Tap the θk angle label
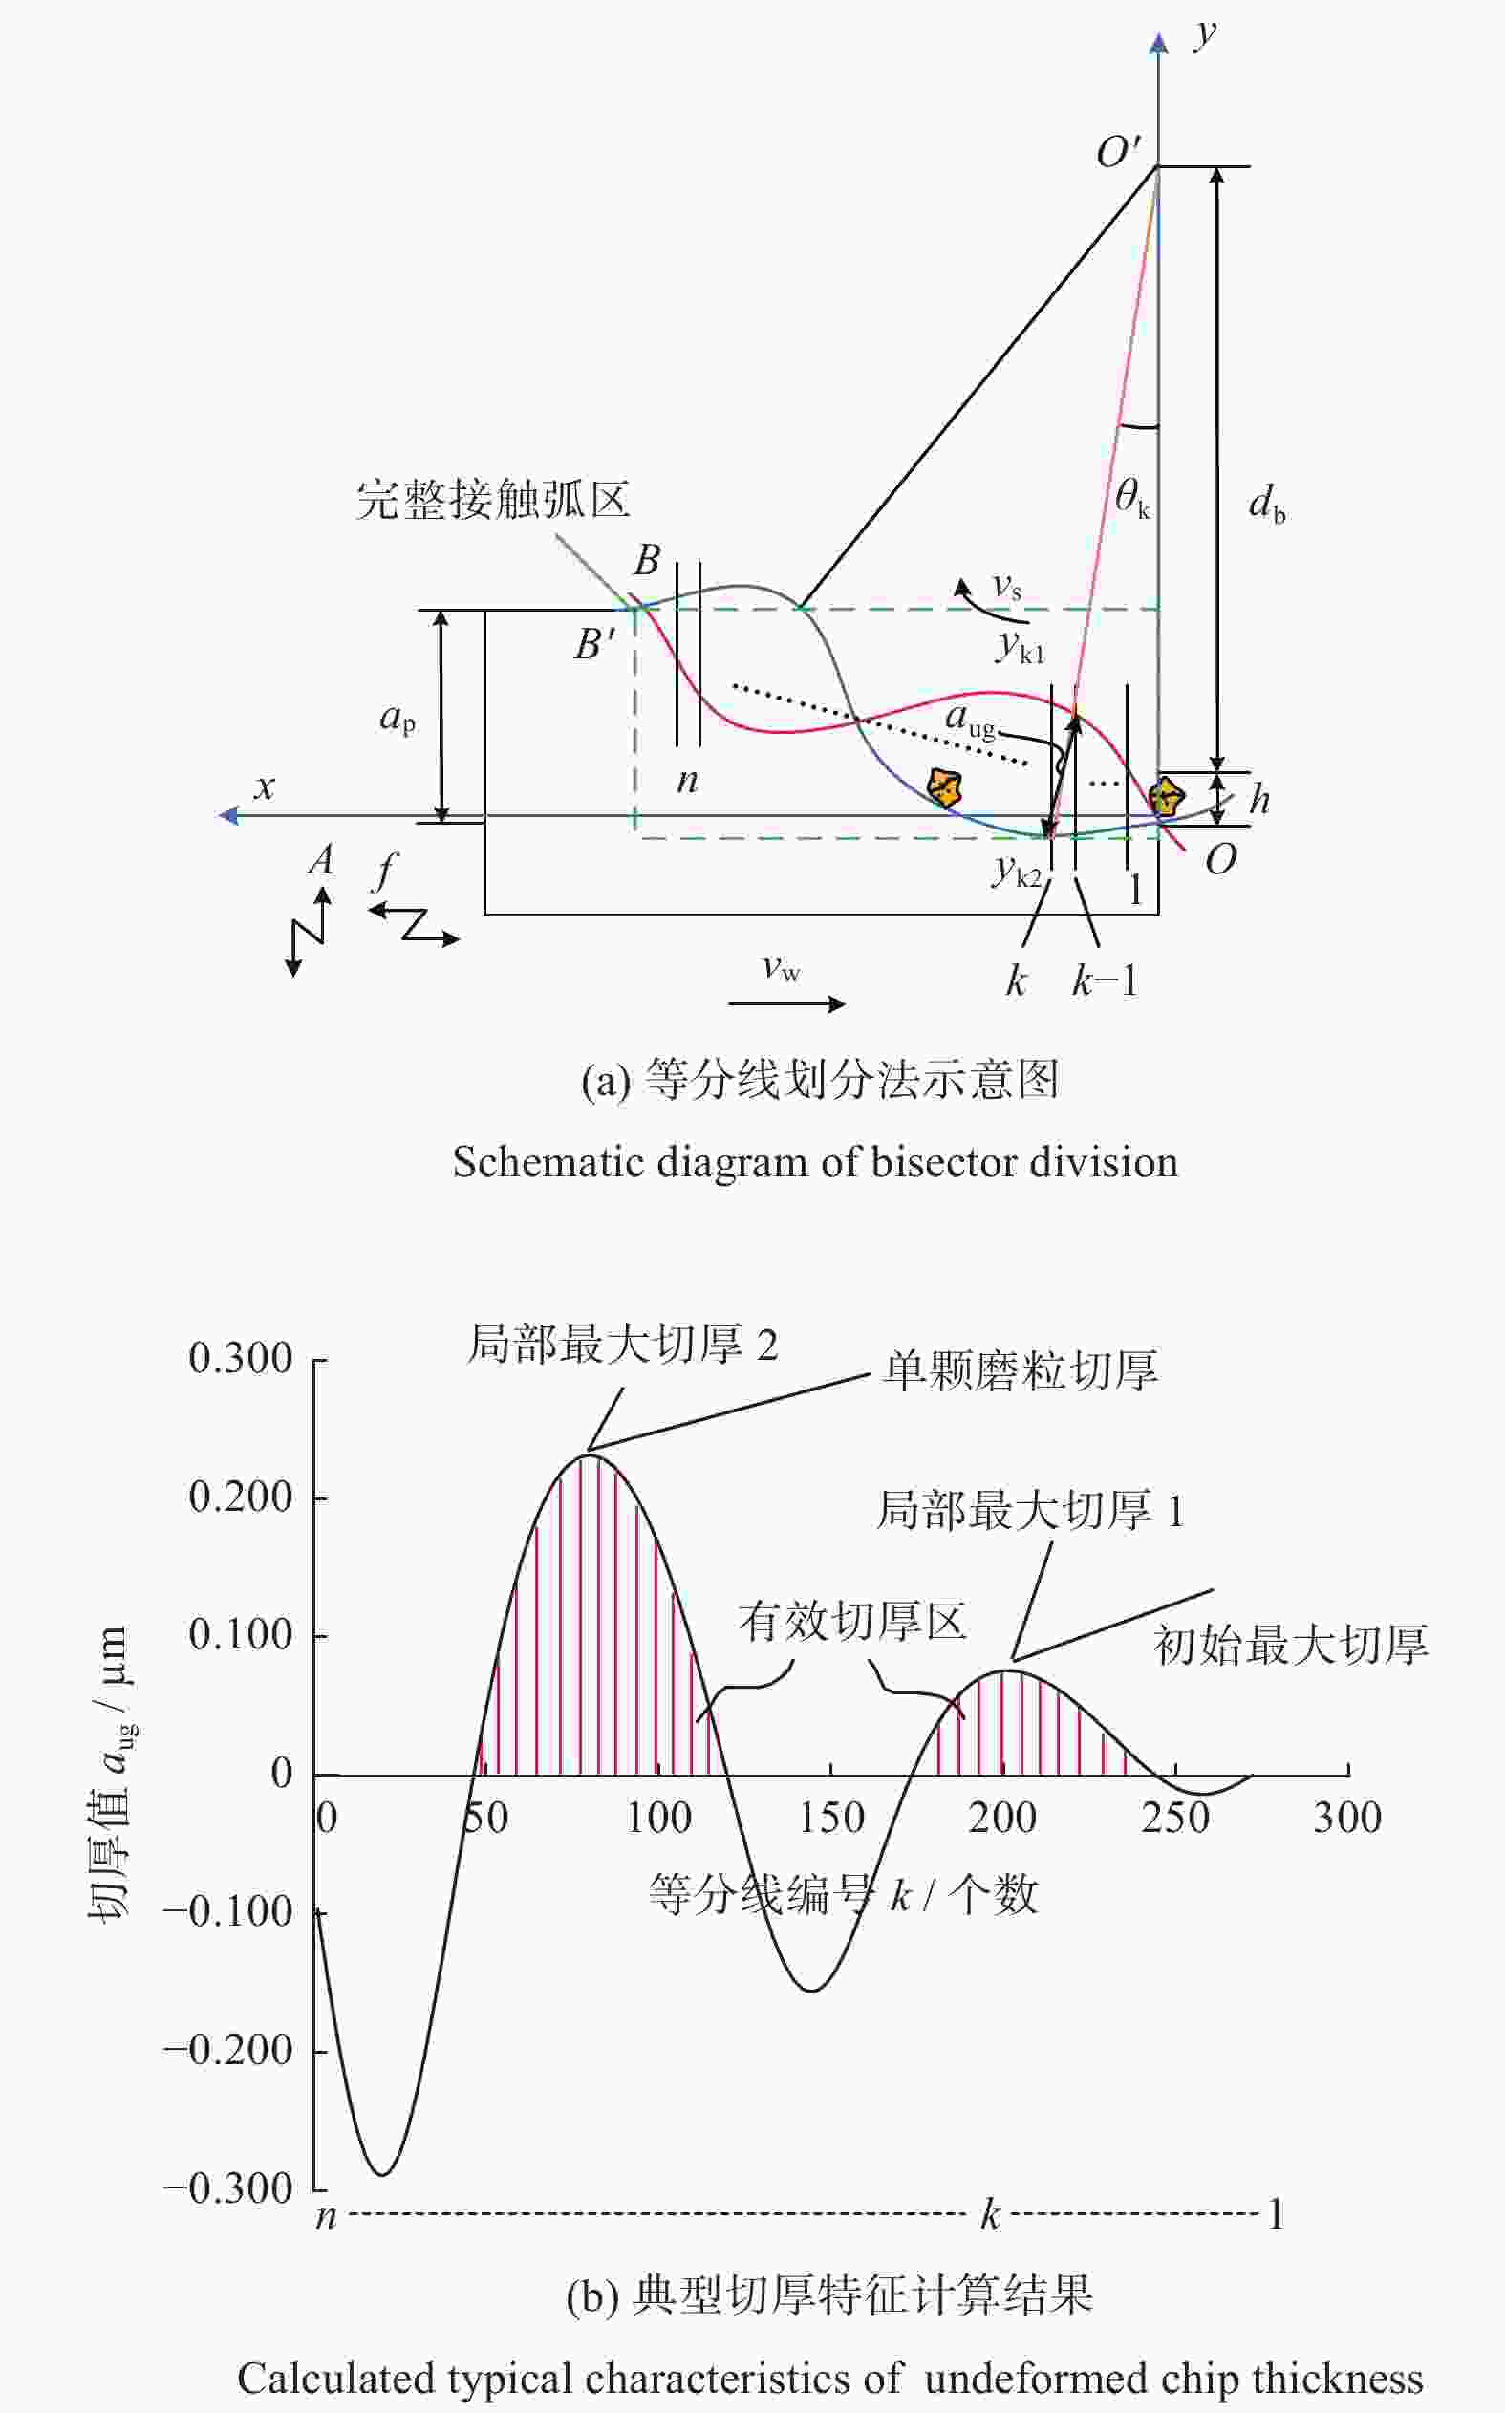(x=1131, y=497)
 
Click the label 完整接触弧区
(x=494, y=499)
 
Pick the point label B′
(x=595, y=644)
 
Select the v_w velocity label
(x=781, y=967)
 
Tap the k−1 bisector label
(x=1104, y=981)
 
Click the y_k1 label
(x=1021, y=648)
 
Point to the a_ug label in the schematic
(x=970, y=720)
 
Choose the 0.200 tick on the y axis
(x=241, y=1497)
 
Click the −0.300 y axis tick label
(x=228, y=2188)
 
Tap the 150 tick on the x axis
(x=832, y=1818)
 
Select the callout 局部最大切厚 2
(x=623, y=1345)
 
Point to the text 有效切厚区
(x=852, y=1622)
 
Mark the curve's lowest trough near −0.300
(x=382, y=2174)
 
